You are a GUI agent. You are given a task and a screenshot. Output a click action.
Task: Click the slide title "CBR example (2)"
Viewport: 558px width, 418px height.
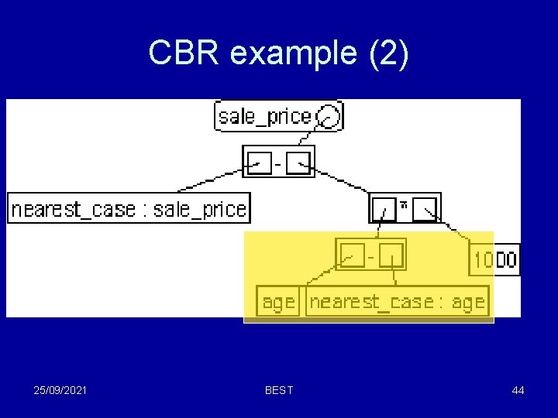[278, 53]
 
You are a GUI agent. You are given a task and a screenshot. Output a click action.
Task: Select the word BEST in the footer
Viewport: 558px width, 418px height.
[279, 390]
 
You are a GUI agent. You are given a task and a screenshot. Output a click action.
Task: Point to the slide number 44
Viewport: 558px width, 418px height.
[518, 390]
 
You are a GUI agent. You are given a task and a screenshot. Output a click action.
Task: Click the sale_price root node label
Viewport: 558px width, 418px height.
[264, 117]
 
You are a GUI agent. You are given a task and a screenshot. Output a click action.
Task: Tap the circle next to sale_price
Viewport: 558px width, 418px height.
[329, 117]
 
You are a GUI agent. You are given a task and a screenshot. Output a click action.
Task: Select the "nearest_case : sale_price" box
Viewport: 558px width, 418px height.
[129, 208]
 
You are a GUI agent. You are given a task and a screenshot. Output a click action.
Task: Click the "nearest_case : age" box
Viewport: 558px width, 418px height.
[398, 301]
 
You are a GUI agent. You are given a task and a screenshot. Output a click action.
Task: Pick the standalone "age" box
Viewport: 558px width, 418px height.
[278, 301]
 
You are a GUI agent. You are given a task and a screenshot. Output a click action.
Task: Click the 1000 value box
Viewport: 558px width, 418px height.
[494, 259]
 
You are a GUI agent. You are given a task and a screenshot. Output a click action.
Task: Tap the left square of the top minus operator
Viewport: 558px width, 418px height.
[259, 162]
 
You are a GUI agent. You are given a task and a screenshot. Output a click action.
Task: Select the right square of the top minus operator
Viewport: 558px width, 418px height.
[298, 162]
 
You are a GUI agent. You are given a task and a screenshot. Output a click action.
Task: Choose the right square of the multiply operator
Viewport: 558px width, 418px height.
[425, 208]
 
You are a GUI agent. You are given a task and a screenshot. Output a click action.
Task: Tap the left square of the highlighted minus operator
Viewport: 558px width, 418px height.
[353, 254]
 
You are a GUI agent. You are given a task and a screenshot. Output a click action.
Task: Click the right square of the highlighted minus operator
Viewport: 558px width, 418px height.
[391, 254]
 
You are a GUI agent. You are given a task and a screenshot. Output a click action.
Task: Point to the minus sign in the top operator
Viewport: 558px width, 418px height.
[278, 162]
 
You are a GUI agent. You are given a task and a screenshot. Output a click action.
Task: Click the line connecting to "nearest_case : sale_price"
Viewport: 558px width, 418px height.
[209, 183]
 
